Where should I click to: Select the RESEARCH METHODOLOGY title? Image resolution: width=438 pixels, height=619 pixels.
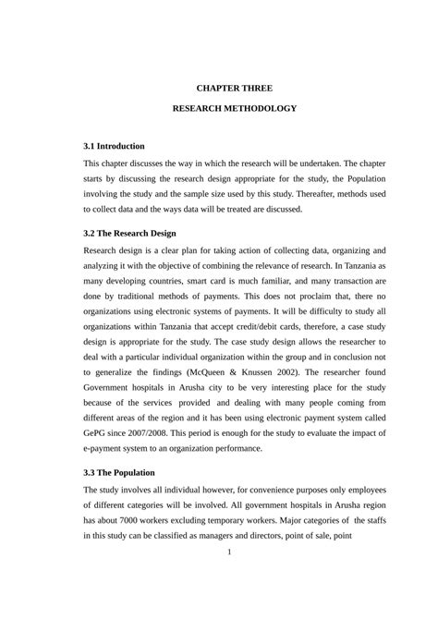click(235, 109)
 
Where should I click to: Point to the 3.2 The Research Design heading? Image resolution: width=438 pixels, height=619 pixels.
click(129, 233)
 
